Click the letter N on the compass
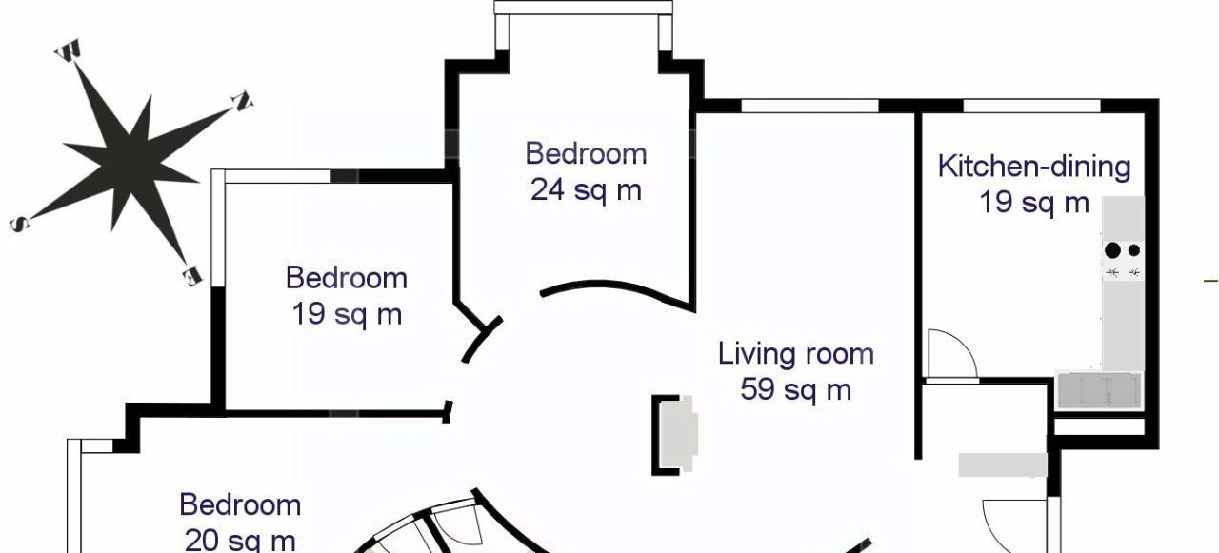tap(242, 102)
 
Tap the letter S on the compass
tap(20, 223)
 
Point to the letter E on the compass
tap(191, 276)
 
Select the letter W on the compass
tap(68, 49)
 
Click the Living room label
tap(796, 354)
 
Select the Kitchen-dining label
tap(1034, 167)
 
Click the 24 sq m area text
tap(586, 190)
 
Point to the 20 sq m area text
tap(240, 540)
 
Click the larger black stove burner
tap(1113, 250)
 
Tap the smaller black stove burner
tap(1134, 250)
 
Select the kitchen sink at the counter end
tap(1099, 390)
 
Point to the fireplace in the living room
tap(675, 435)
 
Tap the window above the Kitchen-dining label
tap(1031, 106)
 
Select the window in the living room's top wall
tap(809, 106)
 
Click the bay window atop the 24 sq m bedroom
tap(584, 8)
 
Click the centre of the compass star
tap(130, 162)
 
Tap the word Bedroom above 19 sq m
tap(347, 278)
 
